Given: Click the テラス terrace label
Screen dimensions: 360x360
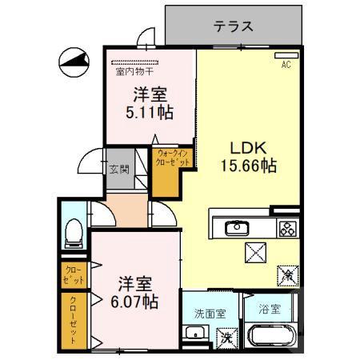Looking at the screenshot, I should [x=234, y=26].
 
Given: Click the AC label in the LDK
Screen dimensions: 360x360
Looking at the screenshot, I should [x=285, y=65].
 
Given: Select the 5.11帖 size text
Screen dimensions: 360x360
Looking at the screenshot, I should [x=150, y=111].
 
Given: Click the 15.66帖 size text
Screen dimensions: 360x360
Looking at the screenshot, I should [x=249, y=166].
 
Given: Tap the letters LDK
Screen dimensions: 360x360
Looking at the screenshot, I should [x=248, y=148].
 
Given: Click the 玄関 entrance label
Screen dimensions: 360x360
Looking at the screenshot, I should [x=119, y=169].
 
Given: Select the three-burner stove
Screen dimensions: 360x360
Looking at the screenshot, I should [x=286, y=229].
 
